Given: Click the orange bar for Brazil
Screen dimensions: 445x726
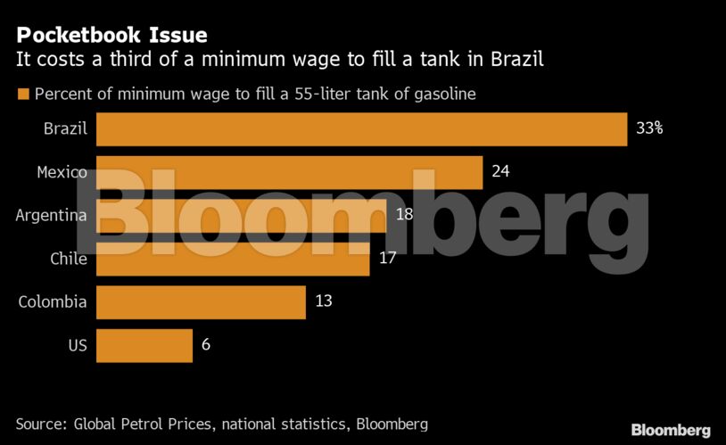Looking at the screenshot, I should point(361,128).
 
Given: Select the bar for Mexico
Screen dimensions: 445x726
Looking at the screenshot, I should point(289,171).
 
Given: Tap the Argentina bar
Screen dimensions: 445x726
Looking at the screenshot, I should point(241,215).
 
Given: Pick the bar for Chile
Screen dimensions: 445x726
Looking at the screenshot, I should point(233,258).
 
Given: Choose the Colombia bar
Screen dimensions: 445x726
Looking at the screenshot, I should point(201,301).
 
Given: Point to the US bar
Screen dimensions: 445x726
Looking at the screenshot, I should point(144,345).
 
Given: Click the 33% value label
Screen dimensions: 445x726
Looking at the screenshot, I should point(649,128).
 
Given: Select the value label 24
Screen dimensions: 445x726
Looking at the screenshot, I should point(500,171).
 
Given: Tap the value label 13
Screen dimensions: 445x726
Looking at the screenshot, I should point(323,301).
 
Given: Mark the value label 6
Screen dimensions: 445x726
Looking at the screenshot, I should point(206,345).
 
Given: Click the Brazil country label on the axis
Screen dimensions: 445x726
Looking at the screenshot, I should point(65,128).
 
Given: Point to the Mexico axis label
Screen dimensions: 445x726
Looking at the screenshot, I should point(62,171).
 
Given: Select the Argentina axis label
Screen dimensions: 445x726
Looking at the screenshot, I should point(52,215).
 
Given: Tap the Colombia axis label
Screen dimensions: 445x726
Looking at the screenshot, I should point(53,301).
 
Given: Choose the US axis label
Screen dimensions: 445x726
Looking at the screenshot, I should point(78,345).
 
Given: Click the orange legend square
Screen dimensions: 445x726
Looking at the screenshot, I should point(22,94).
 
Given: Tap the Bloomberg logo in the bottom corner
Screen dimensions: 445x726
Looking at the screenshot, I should point(671,430).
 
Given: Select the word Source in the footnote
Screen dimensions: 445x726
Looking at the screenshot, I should point(40,424).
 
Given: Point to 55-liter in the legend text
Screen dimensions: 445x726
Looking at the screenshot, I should point(325,94).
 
